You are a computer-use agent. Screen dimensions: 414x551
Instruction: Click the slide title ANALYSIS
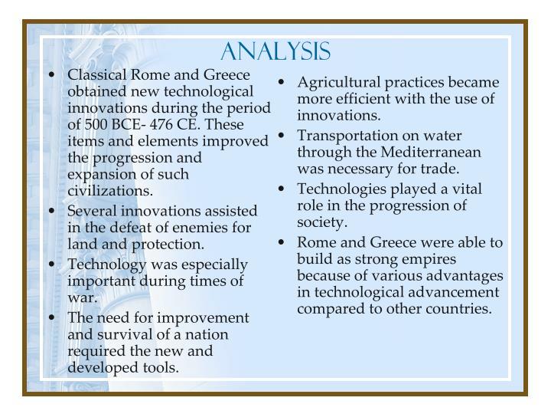(275, 51)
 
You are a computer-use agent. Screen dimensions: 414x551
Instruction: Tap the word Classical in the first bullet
(98, 75)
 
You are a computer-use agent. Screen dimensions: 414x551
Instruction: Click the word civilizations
(110, 191)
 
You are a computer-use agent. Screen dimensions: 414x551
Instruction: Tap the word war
(81, 297)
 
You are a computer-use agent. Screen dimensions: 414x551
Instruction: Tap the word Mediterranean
(436, 152)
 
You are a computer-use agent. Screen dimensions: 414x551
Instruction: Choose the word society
(322, 222)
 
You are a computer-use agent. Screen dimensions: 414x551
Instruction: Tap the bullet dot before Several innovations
(51, 211)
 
